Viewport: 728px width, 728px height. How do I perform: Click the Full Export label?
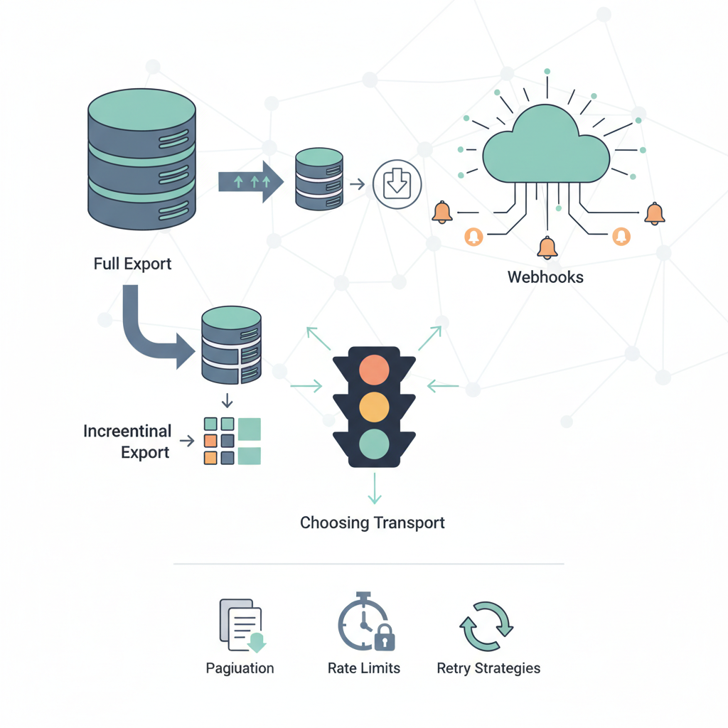click(x=132, y=264)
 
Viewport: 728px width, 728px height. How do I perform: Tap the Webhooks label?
click(x=545, y=277)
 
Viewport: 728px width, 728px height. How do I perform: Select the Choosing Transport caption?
click(x=372, y=523)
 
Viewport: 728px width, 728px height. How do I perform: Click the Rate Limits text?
click(x=363, y=668)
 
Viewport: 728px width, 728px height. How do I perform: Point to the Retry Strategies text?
click(x=488, y=668)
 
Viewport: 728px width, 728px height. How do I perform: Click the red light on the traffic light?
click(x=374, y=370)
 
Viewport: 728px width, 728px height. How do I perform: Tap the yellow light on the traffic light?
click(x=374, y=407)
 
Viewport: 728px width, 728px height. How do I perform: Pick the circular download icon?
click(x=397, y=184)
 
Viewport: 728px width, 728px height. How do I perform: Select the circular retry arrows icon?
click(x=487, y=626)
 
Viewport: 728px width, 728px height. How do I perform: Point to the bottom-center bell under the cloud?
click(x=547, y=247)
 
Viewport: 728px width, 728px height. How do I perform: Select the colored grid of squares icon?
click(x=232, y=441)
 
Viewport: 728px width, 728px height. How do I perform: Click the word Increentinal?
click(x=127, y=432)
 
